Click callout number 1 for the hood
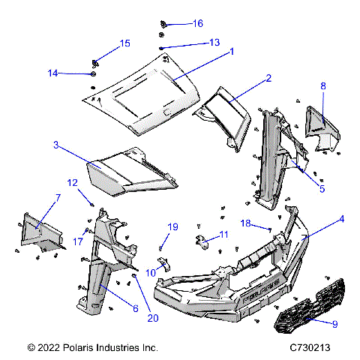coord(232,52)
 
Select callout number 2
coord(268,78)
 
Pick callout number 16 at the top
coord(197,24)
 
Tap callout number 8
coord(323,85)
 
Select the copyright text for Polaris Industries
coord(92,348)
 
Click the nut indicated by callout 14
coord(91,74)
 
